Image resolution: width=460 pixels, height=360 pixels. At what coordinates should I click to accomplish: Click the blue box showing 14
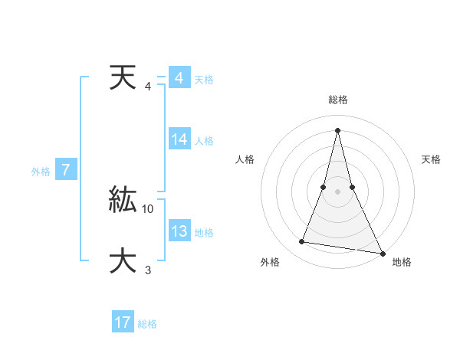179,139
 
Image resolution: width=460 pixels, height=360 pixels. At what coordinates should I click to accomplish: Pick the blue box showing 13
179,231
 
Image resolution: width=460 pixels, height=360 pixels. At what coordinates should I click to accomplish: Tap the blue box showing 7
67,170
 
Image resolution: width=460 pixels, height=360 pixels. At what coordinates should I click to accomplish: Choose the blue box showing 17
123,322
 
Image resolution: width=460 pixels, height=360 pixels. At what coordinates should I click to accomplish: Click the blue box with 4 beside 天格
179,78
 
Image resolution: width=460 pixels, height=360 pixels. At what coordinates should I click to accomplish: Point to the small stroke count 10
149,208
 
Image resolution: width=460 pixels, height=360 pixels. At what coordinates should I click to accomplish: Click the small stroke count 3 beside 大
147,270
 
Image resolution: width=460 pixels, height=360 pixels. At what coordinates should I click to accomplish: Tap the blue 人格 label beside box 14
204,141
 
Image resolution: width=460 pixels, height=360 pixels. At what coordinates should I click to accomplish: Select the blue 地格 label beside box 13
204,233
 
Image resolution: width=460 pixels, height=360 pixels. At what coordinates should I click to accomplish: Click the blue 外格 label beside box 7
41,172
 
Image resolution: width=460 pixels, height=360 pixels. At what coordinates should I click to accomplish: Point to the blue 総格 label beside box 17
147,324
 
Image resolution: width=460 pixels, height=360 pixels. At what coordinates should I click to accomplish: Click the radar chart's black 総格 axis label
337,100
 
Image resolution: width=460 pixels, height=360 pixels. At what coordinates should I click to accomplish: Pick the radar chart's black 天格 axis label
432,159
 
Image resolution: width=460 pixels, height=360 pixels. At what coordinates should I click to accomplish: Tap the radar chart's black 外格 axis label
270,262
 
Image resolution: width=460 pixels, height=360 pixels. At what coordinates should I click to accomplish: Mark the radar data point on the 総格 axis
337,129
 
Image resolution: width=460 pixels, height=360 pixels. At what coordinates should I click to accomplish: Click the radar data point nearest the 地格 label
382,252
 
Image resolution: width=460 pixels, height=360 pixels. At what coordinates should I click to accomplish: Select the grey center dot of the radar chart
337,191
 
